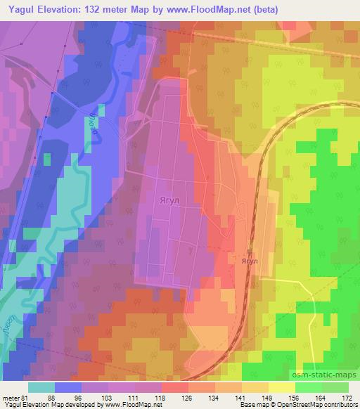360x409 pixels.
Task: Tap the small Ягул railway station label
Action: (x=250, y=261)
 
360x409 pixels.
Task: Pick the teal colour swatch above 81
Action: (x=41, y=387)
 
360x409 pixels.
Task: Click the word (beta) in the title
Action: (x=263, y=10)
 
